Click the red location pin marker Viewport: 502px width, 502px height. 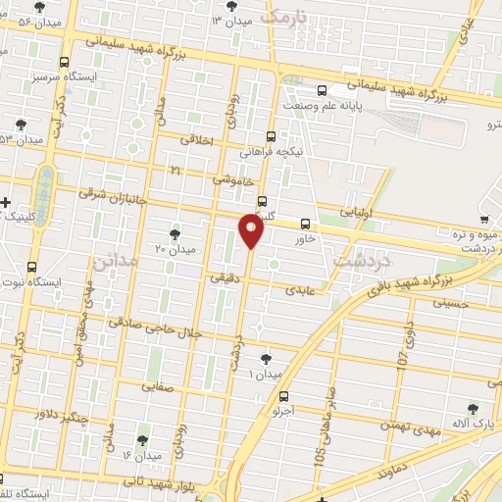252,232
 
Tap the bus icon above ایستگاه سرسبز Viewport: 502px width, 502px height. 64,61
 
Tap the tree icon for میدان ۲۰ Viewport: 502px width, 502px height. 175,233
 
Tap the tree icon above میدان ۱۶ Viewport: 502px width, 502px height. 144,440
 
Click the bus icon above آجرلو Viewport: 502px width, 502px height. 284,397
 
